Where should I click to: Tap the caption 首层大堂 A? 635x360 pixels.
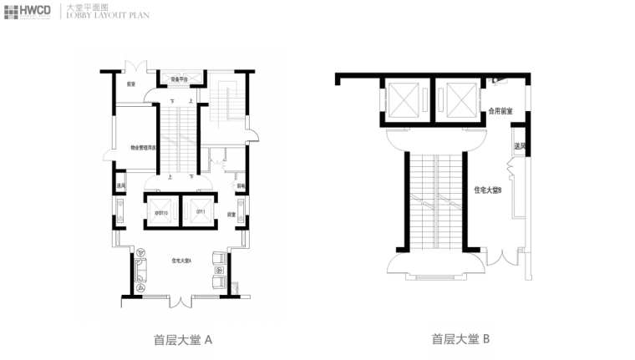pos(183,340)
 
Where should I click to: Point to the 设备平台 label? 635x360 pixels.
pos(180,80)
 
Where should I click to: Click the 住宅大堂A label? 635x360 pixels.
pos(181,261)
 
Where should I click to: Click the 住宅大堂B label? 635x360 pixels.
pos(487,191)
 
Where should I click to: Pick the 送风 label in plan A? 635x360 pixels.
pos(121,185)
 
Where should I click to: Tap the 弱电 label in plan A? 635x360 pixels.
pos(241,185)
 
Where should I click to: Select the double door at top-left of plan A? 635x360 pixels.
pos(135,68)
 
